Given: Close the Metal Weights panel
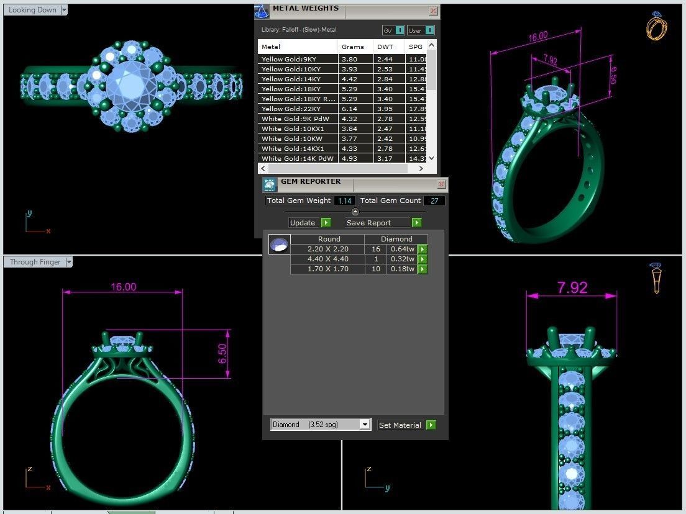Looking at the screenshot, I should [434, 11].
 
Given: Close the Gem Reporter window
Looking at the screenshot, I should [442, 184].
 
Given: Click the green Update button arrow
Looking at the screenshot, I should [326, 223].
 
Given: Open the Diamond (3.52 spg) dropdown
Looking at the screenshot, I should [365, 425].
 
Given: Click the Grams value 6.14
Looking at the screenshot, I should [349, 109].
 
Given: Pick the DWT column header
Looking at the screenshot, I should [385, 47].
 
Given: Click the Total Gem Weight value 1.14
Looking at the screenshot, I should [345, 201].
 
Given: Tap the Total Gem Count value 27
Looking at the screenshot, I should [435, 201].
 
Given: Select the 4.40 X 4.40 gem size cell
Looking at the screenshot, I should [327, 259].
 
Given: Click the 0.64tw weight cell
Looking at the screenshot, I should [402, 249].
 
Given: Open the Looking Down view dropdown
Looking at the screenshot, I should [64, 10].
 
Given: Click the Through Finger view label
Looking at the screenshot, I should [35, 262].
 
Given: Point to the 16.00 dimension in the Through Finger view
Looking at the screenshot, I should [123, 287].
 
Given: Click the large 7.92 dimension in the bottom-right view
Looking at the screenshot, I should [572, 287].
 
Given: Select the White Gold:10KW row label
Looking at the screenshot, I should [283, 138].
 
